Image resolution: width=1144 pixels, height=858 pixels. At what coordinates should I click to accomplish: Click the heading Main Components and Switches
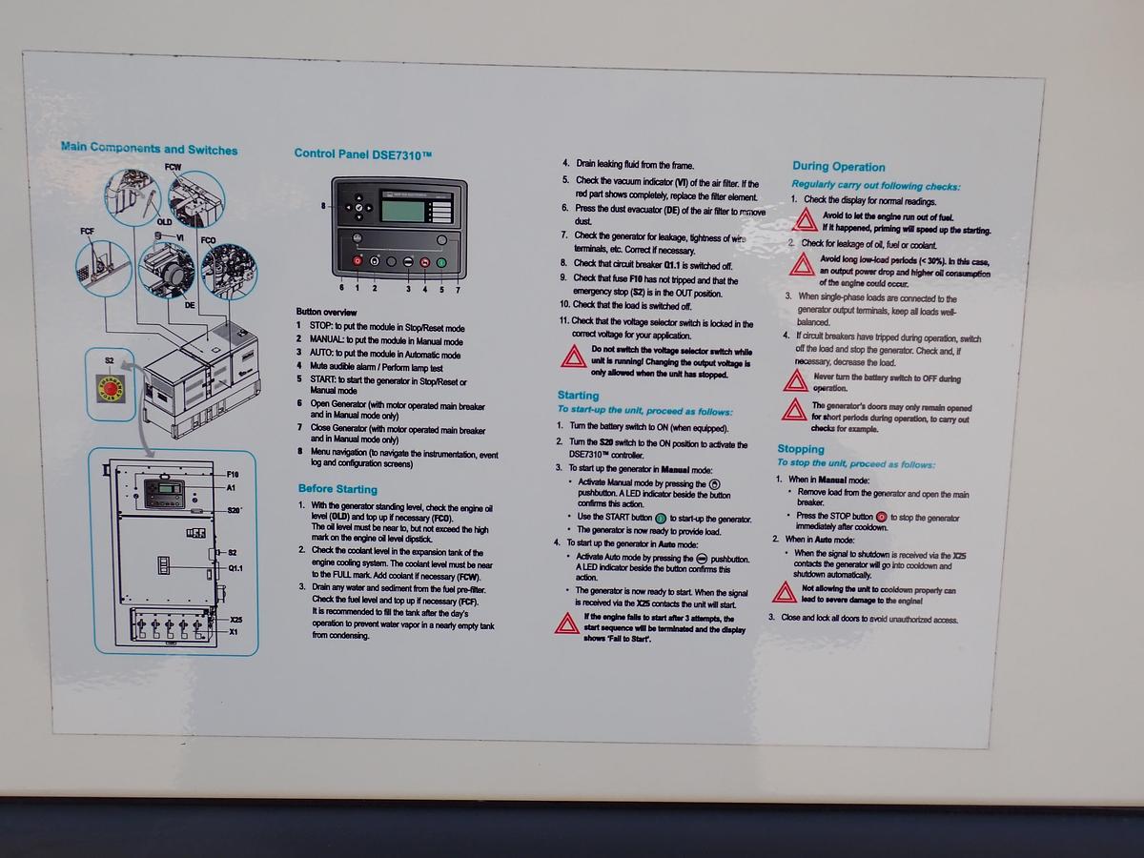pos(149,148)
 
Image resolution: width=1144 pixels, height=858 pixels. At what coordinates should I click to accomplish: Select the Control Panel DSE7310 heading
pos(362,153)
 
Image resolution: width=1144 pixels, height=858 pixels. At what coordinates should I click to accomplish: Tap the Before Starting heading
pos(337,489)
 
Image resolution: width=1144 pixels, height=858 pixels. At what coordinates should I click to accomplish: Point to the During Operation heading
pos(838,166)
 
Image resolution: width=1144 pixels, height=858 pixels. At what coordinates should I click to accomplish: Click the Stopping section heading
pos(801,449)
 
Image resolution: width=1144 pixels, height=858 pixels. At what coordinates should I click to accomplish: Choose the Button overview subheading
pos(326,312)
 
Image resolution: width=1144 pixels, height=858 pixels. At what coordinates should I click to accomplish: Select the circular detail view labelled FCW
pos(196,197)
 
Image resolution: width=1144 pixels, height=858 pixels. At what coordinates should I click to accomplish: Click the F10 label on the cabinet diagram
pos(233,474)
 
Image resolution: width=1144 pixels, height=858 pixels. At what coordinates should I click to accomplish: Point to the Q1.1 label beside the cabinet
pos(235,568)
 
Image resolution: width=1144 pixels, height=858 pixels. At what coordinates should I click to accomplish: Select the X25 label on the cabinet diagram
pos(235,621)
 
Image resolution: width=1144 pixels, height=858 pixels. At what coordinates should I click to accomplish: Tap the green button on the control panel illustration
pos(441,260)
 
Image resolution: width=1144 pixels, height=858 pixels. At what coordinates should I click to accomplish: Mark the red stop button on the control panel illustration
pos(357,260)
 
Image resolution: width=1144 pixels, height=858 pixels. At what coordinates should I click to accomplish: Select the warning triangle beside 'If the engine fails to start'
pos(567,623)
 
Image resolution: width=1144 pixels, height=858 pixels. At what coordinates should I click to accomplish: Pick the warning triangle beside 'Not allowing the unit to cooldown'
pos(784,593)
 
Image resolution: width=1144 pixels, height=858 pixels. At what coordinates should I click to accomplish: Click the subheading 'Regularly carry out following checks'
pos(875,186)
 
